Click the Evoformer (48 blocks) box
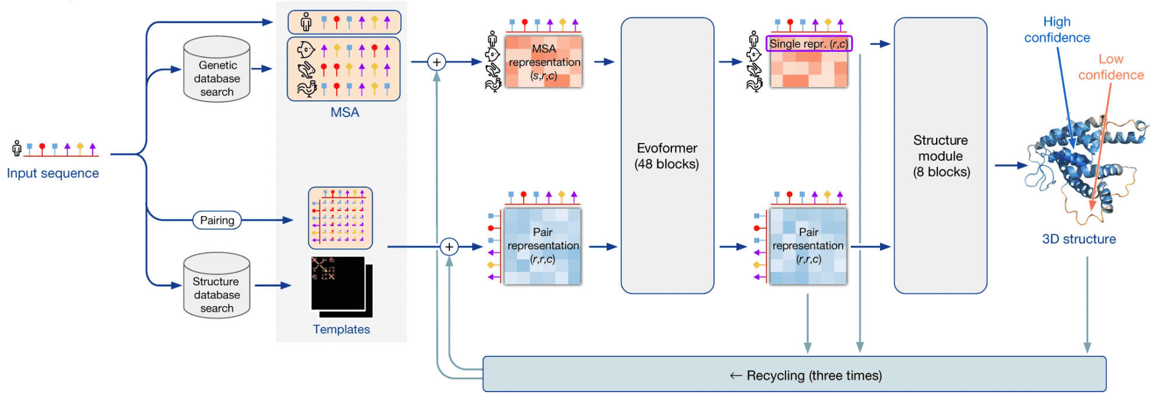pos(667,155)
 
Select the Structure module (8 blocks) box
pos(940,155)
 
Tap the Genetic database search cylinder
pos(217,71)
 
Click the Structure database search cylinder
pos(217,287)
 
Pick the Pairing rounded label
pos(217,220)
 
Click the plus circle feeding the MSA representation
pos(437,62)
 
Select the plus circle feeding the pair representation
pos(449,247)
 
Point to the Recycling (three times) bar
pos(794,374)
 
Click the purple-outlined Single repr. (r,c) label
pos(809,44)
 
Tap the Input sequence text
pos(53,174)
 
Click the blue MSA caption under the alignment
pos(345,112)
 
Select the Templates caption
pos(341,329)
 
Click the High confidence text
pos(1056,30)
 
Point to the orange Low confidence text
pos(1110,67)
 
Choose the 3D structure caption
pos(1079,239)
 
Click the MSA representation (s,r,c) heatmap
pos(543,62)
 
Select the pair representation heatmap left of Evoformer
pos(542,247)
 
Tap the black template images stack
pos(341,286)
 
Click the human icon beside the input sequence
pos(17,148)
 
